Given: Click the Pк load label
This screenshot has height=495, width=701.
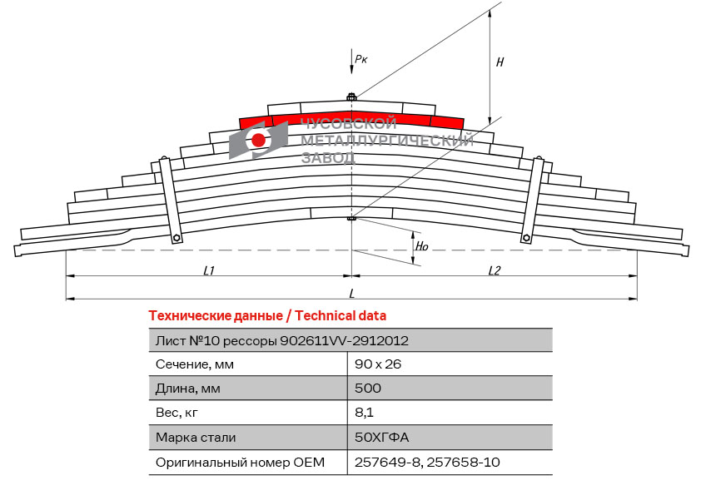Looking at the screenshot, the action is point(360,58).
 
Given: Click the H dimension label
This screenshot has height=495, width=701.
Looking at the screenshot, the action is point(500,62).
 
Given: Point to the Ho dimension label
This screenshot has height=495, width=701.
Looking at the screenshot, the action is point(421,246).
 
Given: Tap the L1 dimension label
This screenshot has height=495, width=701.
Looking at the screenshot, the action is point(209,270).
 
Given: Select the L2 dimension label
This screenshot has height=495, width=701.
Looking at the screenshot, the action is point(494,270).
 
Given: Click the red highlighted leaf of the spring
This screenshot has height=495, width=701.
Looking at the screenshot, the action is point(351,119).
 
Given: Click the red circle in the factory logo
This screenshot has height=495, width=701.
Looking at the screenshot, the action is point(258,140).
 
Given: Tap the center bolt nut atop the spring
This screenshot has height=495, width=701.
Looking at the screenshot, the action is point(351,97).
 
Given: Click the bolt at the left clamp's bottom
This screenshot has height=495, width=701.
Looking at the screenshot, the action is point(176,238).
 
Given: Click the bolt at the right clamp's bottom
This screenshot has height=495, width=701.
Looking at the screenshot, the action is point(526,238).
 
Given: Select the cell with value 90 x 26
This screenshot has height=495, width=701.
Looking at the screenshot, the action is point(378,364).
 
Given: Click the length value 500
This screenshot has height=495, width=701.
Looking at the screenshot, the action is point(368,388).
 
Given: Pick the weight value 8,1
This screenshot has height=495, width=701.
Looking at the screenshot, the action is point(364,412).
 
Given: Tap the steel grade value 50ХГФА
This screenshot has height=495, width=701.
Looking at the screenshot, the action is point(382,437).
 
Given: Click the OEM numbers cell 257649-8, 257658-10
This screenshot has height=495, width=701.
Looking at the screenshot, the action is point(427,462).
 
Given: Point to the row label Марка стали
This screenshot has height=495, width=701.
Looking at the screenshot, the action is point(196,438).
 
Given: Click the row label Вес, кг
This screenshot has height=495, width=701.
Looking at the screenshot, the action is point(176,413).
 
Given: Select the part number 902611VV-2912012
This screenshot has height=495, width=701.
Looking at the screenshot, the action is point(344,341).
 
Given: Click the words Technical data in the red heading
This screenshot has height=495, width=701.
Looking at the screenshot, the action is point(341,316).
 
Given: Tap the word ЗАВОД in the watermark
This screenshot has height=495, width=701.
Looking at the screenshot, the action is point(329,157).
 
